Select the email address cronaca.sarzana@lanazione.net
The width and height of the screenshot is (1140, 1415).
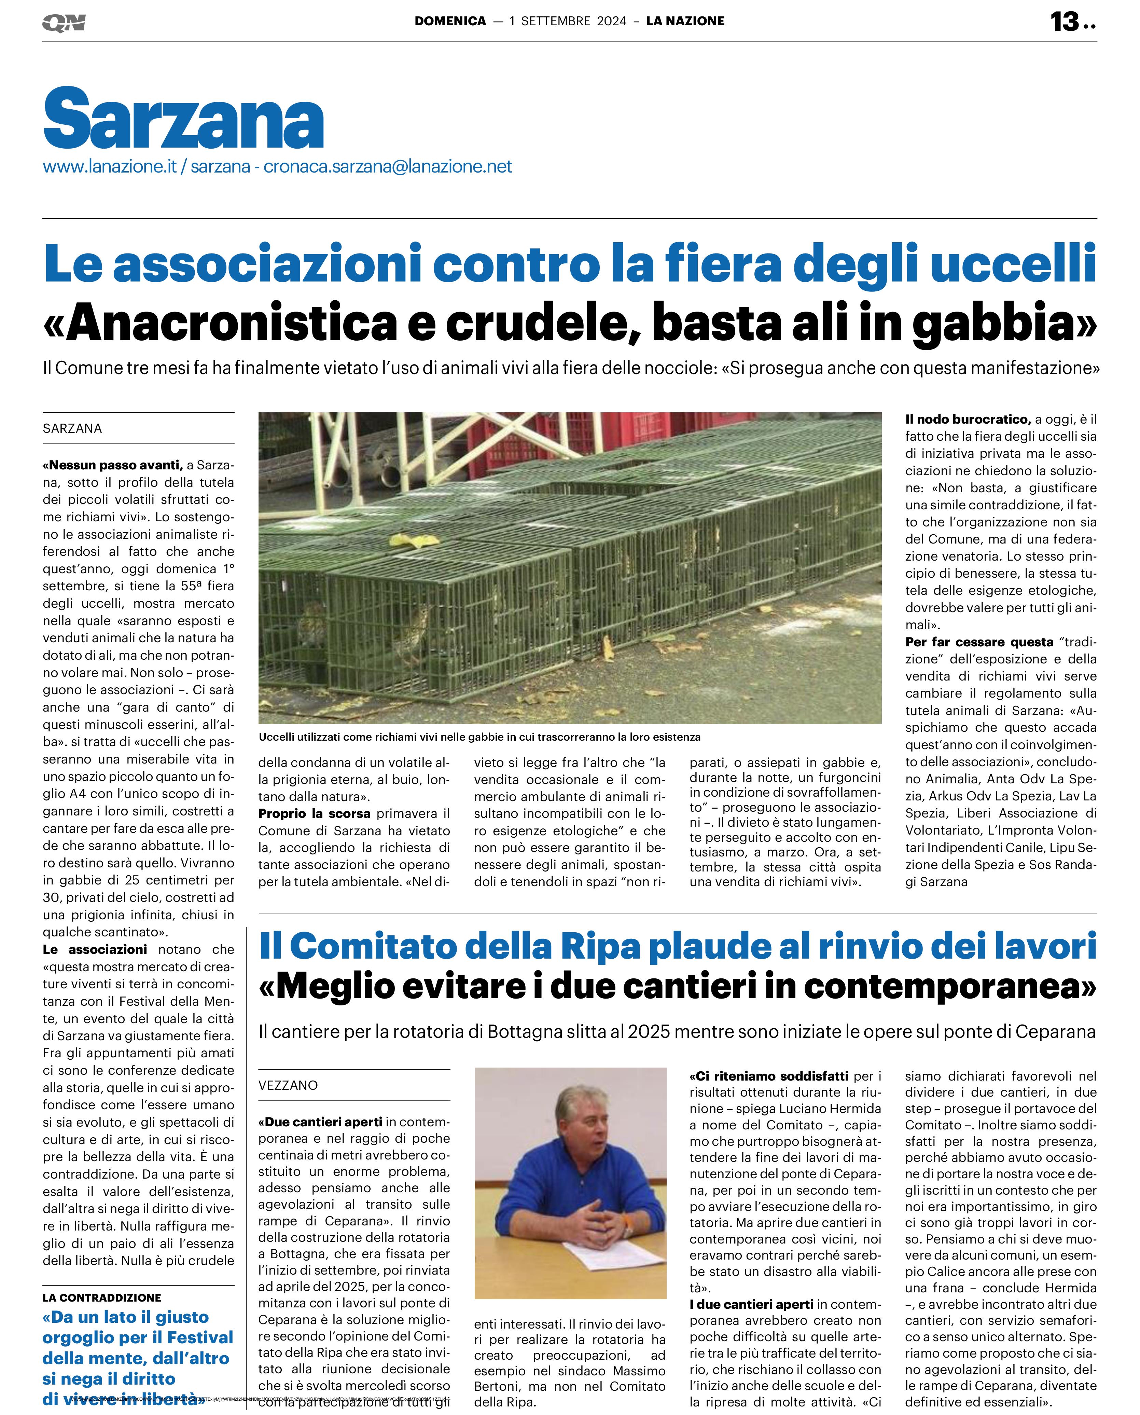tap(387, 167)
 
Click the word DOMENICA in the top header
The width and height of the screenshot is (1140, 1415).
tap(450, 21)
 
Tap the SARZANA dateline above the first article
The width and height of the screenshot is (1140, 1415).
tap(72, 428)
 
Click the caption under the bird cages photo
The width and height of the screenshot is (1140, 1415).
tap(479, 737)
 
